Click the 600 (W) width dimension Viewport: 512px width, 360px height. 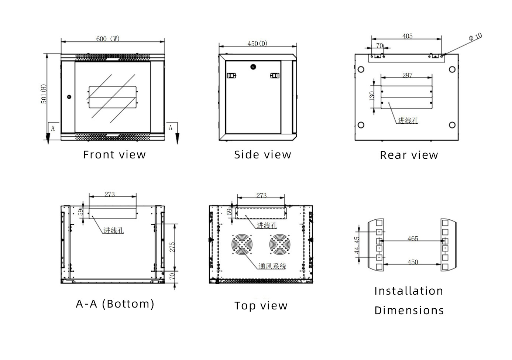[x=108, y=39]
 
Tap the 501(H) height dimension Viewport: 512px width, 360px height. [x=44, y=94]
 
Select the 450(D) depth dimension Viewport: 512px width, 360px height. [x=257, y=44]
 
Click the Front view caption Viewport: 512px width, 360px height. [x=114, y=155]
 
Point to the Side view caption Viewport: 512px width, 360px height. [x=262, y=155]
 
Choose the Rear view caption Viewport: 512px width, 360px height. [x=409, y=155]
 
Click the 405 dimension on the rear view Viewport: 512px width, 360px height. [x=408, y=36]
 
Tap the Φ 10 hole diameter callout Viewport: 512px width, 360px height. [x=475, y=37]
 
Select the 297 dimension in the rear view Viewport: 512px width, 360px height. [x=407, y=75]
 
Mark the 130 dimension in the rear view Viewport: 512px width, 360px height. [x=372, y=96]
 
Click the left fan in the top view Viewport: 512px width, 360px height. [x=243, y=244]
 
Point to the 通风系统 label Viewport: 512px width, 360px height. [x=272, y=266]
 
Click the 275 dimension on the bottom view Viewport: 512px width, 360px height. [x=172, y=247]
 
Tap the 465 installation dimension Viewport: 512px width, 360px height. [x=413, y=239]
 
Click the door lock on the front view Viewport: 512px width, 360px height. [x=69, y=97]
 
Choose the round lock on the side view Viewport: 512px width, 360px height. [x=253, y=67]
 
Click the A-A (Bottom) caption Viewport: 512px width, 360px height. [x=115, y=304]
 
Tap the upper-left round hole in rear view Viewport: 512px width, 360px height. [x=361, y=69]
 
